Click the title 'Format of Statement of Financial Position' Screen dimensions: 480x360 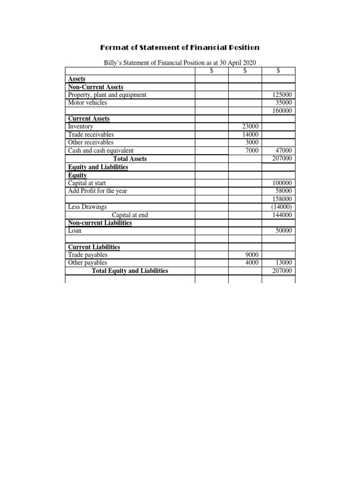(x=180, y=48)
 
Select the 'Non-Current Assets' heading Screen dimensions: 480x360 (x=96, y=87)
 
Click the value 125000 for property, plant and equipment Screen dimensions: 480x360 (x=282, y=95)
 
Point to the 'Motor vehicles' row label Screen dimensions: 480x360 (x=87, y=103)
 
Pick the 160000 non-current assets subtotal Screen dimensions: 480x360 (x=282, y=111)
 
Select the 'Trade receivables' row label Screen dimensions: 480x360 (x=91, y=135)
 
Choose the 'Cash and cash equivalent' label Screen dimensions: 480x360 (x=101, y=150)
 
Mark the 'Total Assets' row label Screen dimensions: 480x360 (x=130, y=159)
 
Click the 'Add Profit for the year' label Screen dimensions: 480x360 (x=97, y=191)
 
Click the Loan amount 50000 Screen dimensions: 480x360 (x=283, y=231)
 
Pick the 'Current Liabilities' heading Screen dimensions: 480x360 (x=94, y=247)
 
